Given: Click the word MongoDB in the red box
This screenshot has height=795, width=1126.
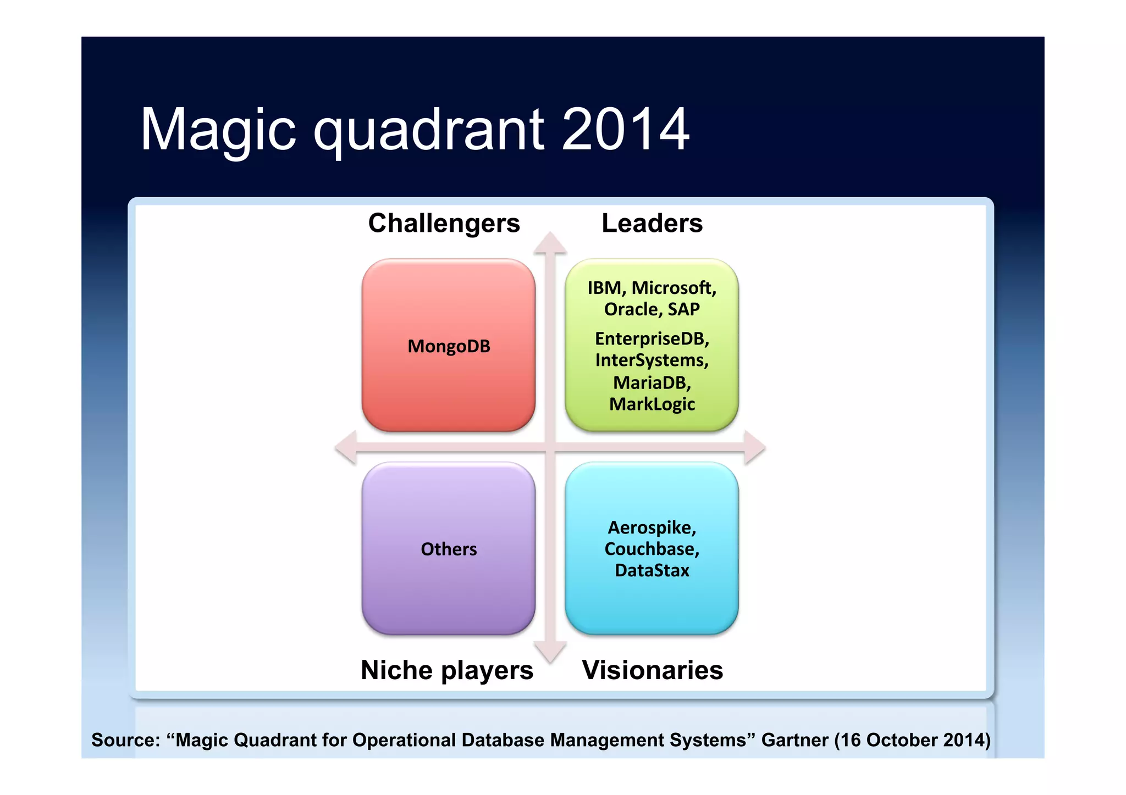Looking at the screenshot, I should [449, 346].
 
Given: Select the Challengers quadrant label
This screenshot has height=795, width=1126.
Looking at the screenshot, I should [444, 223].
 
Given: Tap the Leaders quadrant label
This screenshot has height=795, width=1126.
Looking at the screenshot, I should [652, 223].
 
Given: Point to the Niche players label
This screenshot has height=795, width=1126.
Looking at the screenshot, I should [446, 670].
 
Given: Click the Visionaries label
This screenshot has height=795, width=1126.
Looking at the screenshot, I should [652, 670].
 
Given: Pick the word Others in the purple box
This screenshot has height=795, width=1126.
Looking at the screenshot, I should [449, 549].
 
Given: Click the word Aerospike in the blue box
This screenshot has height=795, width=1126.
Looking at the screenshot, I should [651, 527].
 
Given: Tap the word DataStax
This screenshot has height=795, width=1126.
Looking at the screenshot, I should [652, 570].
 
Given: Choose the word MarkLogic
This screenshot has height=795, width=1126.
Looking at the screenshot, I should [652, 404].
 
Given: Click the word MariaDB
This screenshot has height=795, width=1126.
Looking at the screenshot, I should [650, 382].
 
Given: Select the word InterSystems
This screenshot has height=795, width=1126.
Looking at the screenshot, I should [650, 360].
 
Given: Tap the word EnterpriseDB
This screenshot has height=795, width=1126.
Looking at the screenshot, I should [650, 338].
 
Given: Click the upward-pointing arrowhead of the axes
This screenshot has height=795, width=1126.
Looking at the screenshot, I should [550, 243].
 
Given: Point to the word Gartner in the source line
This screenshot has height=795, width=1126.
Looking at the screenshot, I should [794, 740].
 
